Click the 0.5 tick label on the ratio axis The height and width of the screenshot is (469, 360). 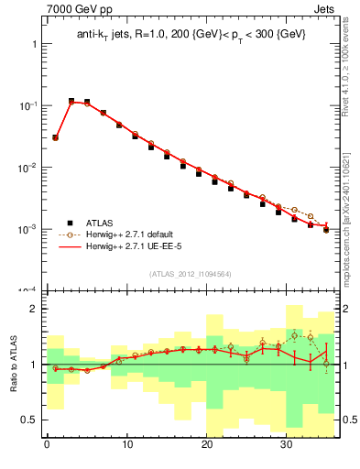26,420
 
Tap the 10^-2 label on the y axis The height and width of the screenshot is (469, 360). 24,167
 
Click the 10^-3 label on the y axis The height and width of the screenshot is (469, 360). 24,228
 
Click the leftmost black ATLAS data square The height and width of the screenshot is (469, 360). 55,137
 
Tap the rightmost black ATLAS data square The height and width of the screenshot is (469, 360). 325,229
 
